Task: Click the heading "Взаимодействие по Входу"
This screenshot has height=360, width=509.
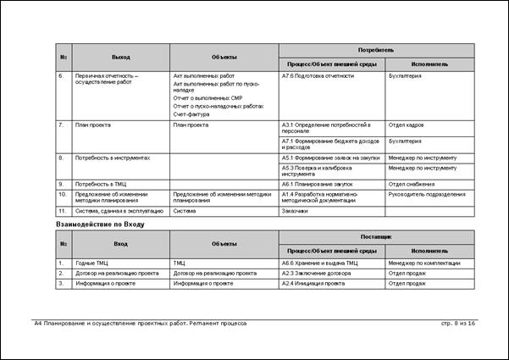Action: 100,224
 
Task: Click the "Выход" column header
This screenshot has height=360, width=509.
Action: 121,57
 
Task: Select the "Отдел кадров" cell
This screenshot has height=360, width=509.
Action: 407,125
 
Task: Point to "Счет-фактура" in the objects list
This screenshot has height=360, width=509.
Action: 191,114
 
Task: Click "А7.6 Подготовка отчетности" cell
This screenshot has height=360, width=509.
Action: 318,76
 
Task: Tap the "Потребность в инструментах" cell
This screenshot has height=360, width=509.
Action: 112,158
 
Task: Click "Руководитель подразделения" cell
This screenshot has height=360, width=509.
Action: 426,194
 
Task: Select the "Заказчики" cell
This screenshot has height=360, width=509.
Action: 295,211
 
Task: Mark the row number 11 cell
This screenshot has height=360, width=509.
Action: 62,211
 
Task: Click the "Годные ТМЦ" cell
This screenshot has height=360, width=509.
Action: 91,263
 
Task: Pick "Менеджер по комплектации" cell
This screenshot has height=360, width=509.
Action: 423,263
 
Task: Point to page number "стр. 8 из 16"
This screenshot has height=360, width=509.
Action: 458,324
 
